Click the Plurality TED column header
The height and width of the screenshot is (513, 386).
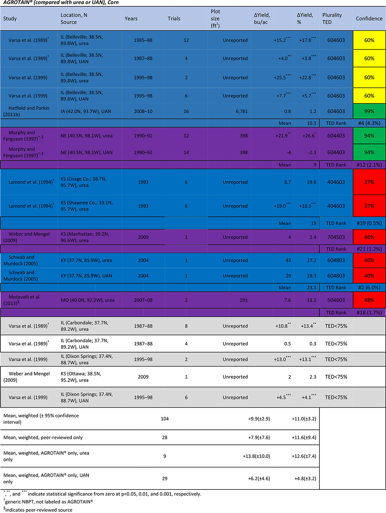(x=332, y=19)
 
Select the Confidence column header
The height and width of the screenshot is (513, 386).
(x=369, y=19)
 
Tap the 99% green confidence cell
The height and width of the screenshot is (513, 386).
(x=369, y=111)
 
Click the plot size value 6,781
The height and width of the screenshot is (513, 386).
(x=242, y=111)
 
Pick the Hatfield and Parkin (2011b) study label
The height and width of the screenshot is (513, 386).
(x=26, y=111)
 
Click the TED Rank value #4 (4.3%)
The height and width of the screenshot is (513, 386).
(x=369, y=123)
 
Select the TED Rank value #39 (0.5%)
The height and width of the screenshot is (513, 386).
(x=369, y=223)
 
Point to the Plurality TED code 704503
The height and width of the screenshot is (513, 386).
(x=336, y=237)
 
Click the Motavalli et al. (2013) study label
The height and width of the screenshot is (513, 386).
(x=22, y=300)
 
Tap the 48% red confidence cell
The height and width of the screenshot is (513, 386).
(x=369, y=300)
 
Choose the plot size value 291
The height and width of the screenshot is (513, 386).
(x=244, y=300)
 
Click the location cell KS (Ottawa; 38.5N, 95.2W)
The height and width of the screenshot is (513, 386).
(x=81, y=377)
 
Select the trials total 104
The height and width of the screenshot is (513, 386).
(x=164, y=419)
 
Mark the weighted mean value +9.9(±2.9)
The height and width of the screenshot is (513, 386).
(x=259, y=419)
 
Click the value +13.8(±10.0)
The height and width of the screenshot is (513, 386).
(x=256, y=456)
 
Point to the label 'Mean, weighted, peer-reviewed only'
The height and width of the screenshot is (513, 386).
(x=43, y=438)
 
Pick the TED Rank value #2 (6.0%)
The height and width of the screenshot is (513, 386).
(x=369, y=288)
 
